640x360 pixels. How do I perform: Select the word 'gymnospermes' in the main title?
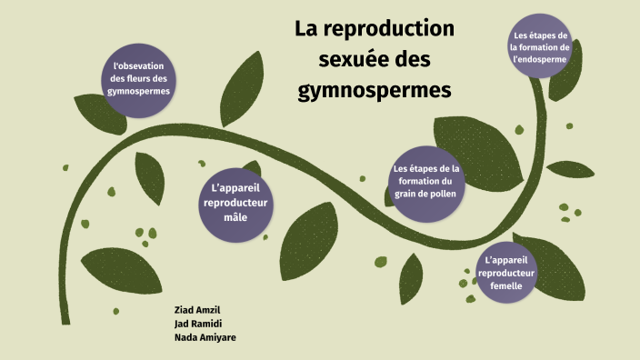click(x=375, y=91)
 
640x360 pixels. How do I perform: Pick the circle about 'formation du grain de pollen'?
click(x=426, y=181)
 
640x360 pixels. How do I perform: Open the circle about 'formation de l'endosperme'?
click(x=540, y=47)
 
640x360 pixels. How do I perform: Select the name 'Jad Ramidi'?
click(x=197, y=323)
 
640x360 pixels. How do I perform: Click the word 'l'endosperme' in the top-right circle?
click(x=540, y=59)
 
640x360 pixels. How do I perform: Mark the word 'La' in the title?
click(x=309, y=29)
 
